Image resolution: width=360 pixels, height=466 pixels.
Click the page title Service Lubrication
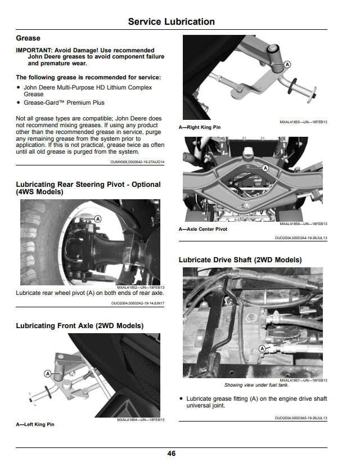click(172, 22)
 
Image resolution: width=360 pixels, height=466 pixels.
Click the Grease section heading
click(28, 38)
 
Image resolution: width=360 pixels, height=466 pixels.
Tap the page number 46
click(172, 454)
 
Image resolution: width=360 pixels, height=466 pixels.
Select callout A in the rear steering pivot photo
click(98, 219)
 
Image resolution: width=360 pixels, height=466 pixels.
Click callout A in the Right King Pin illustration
click(287, 64)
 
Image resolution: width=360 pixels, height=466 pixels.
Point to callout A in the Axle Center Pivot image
click(265, 168)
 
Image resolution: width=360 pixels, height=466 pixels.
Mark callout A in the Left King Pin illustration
click(47, 374)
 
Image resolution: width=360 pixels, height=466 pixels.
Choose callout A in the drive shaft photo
click(262, 348)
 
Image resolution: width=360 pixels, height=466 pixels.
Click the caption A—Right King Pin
click(200, 127)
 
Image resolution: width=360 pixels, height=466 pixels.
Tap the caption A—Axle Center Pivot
click(203, 229)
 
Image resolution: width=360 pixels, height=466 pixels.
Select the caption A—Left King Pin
click(35, 424)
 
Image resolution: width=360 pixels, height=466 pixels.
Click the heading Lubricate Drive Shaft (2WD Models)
click(240, 260)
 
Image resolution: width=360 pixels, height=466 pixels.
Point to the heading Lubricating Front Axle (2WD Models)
click(80, 326)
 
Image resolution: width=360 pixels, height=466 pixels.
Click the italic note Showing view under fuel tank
click(256, 385)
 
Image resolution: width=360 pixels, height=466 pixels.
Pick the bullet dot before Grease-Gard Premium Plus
click(19, 102)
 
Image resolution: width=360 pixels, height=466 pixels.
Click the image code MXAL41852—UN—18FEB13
click(141, 288)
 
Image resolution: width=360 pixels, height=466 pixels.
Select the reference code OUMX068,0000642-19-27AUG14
click(137, 162)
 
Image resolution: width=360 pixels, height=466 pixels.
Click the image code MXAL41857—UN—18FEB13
click(304, 380)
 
